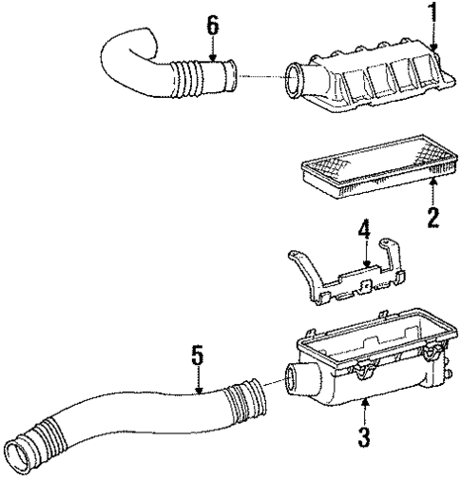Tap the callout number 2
click(432, 218)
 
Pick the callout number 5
click(198, 356)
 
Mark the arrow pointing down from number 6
click(214, 48)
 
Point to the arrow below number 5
click(198, 381)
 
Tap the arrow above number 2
click(432, 190)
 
